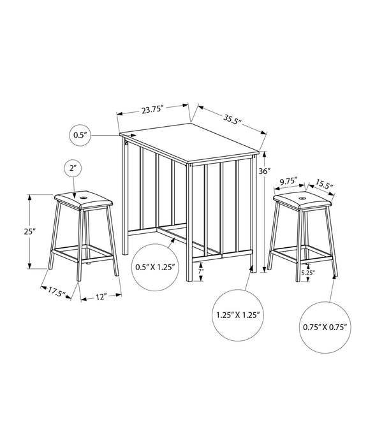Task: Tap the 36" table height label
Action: click(265, 171)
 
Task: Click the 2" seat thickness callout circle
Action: click(73, 169)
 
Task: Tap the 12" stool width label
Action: click(96, 296)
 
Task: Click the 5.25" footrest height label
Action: click(308, 273)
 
